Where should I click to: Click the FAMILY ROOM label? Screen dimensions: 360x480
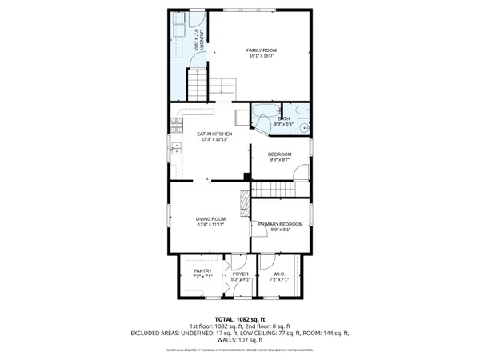(x=261, y=50)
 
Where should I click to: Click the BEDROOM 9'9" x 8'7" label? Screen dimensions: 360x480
(x=279, y=154)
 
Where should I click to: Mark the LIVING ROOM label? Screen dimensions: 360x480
(x=211, y=219)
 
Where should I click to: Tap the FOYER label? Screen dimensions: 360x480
(x=241, y=274)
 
